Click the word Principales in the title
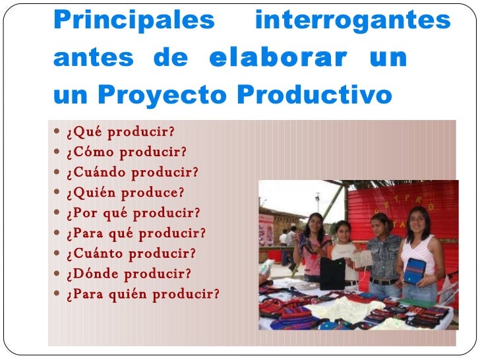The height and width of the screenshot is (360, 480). tap(134, 21)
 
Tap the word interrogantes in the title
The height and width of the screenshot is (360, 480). tap(353, 21)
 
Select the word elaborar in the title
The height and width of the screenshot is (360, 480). tap(277, 59)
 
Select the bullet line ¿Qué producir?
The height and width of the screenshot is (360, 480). tap(120, 132)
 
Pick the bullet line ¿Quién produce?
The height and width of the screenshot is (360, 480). tap(125, 193)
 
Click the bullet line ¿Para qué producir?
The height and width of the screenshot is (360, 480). tap(136, 233)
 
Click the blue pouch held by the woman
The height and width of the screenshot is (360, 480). tap(415, 270)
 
